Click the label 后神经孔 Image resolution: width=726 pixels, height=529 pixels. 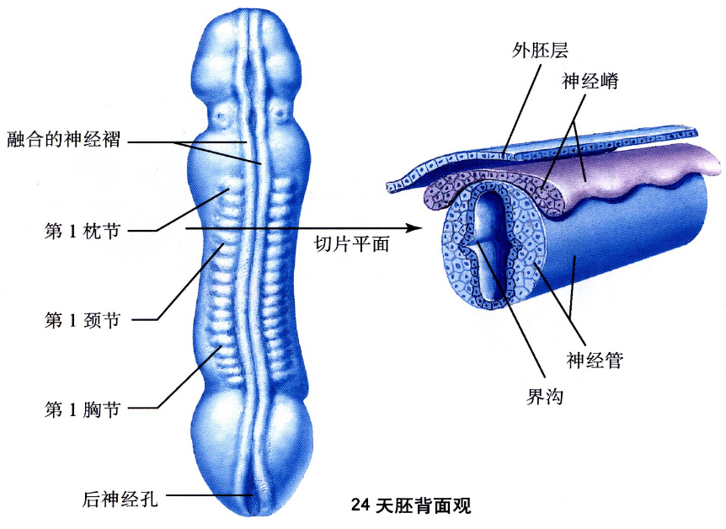point(120,496)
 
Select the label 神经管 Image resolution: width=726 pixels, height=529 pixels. point(595,361)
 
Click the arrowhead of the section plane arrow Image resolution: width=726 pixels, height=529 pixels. point(414,227)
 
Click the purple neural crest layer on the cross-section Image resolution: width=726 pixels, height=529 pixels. point(606,173)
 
